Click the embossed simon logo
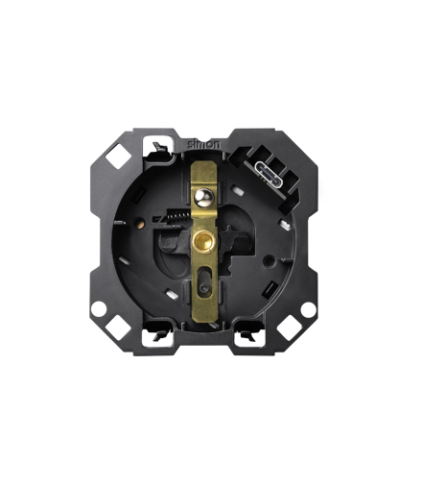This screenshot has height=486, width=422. coord(203,144)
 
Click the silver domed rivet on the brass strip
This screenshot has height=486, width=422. coord(203,198)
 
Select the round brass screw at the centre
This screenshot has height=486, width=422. coord(203,241)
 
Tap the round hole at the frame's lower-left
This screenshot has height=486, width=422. coord(99,309)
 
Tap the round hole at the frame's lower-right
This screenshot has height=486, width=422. coord(308,309)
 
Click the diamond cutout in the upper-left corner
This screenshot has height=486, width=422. coord(118,156)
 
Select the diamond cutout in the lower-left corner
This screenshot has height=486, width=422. coord(118,328)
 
